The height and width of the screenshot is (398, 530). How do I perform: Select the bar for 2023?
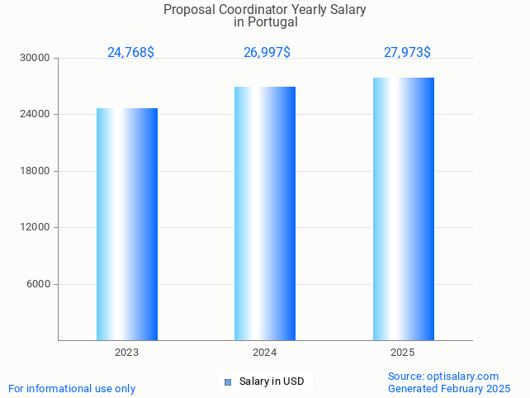127,224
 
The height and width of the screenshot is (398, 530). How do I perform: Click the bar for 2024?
265,213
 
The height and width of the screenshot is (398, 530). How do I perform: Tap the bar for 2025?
403,209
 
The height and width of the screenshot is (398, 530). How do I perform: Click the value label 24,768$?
130,53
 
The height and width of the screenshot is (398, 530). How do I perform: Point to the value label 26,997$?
267,53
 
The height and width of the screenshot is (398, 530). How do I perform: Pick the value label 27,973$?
407,53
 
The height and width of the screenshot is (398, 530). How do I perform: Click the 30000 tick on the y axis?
35,58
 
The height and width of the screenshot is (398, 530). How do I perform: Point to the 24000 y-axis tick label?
35,114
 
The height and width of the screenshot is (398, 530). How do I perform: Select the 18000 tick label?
35,171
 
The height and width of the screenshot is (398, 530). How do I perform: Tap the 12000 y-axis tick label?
35,227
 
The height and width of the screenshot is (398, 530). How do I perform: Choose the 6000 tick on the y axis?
38,284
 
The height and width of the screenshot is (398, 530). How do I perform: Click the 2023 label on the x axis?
127,353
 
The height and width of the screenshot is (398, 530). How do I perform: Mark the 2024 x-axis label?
265,353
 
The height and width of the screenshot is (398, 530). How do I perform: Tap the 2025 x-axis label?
403,353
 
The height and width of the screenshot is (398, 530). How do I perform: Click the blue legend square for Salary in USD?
228,381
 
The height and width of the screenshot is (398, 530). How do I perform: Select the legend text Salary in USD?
272,381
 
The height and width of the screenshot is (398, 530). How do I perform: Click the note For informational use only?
72,389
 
